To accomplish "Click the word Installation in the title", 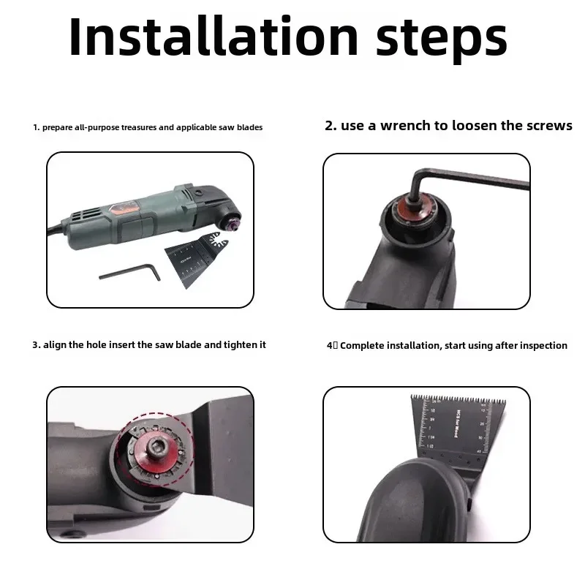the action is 214,36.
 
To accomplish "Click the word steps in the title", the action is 442,40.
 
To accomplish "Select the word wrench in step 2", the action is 405,126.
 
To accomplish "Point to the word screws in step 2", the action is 549,126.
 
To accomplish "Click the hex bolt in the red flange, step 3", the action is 155,445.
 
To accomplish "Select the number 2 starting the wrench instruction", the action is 329,126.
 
